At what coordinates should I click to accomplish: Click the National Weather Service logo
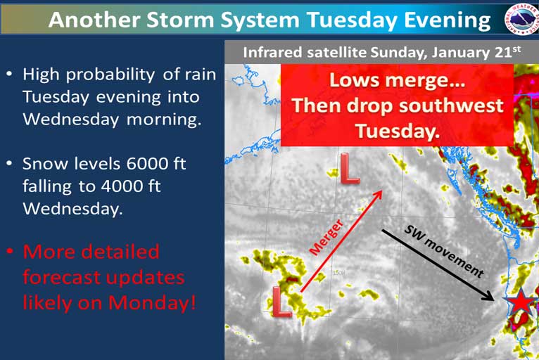521,19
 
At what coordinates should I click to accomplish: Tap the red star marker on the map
521,302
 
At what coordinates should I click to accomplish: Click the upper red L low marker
349,168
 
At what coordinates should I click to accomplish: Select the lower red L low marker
281,302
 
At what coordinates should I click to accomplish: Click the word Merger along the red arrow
326,238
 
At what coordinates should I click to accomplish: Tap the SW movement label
444,251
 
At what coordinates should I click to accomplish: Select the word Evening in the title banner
447,20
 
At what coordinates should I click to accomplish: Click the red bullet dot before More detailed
10,252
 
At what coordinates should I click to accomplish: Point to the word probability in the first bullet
110,75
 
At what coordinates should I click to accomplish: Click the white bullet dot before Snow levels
10,163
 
